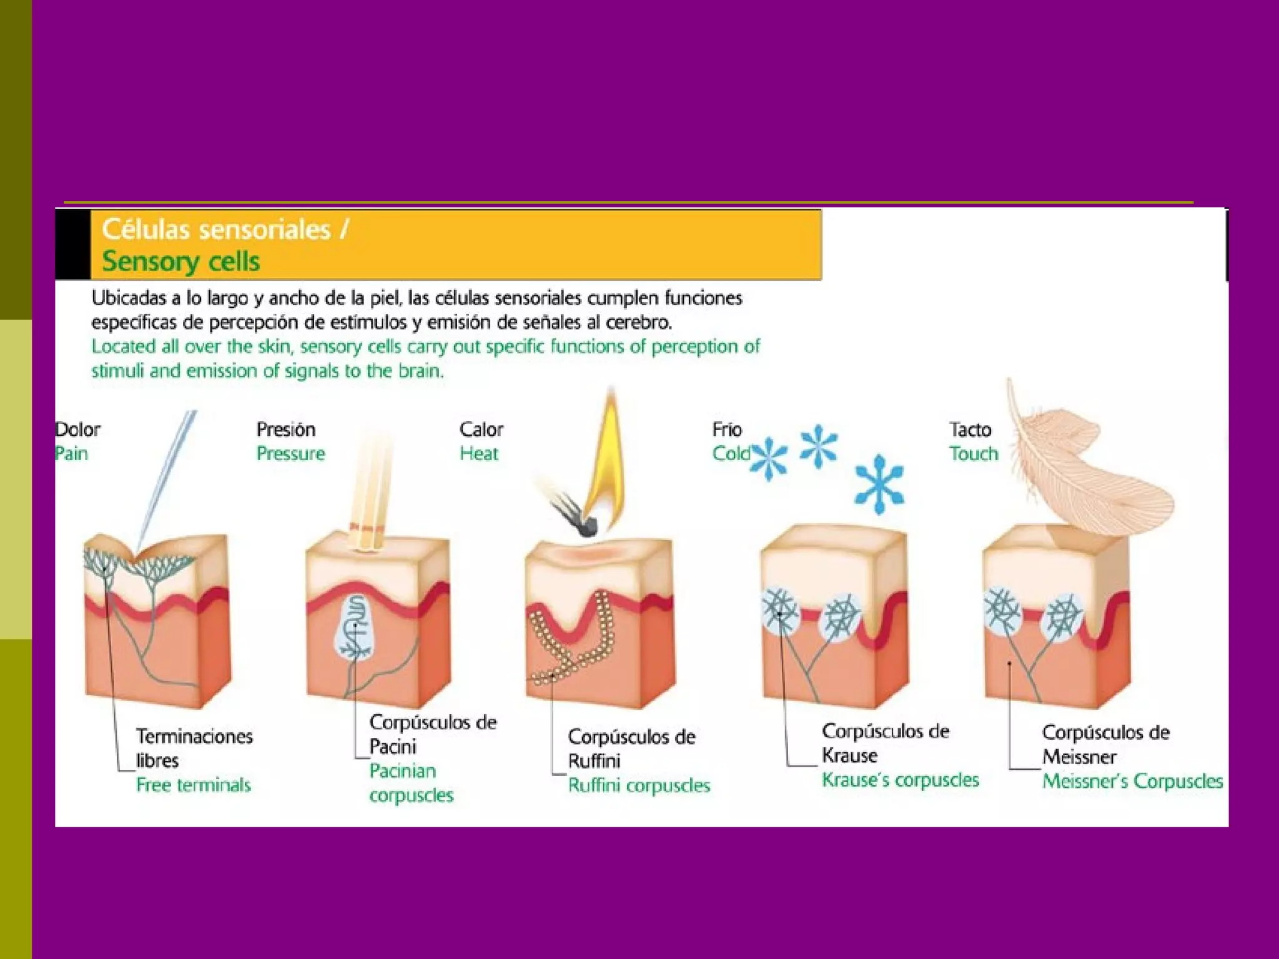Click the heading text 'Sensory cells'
coord(180,261)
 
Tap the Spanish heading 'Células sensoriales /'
coord(225,229)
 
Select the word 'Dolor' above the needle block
coord(78,430)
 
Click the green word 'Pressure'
coord(290,453)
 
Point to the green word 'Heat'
coord(478,453)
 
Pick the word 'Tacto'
coord(970,430)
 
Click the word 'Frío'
coord(727,430)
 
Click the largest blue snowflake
coord(879,484)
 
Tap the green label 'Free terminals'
coord(194,785)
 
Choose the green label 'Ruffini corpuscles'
coord(639,785)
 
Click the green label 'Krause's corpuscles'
coord(900,780)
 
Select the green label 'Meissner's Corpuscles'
coord(1132,781)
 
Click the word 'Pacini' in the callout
coord(392,747)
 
